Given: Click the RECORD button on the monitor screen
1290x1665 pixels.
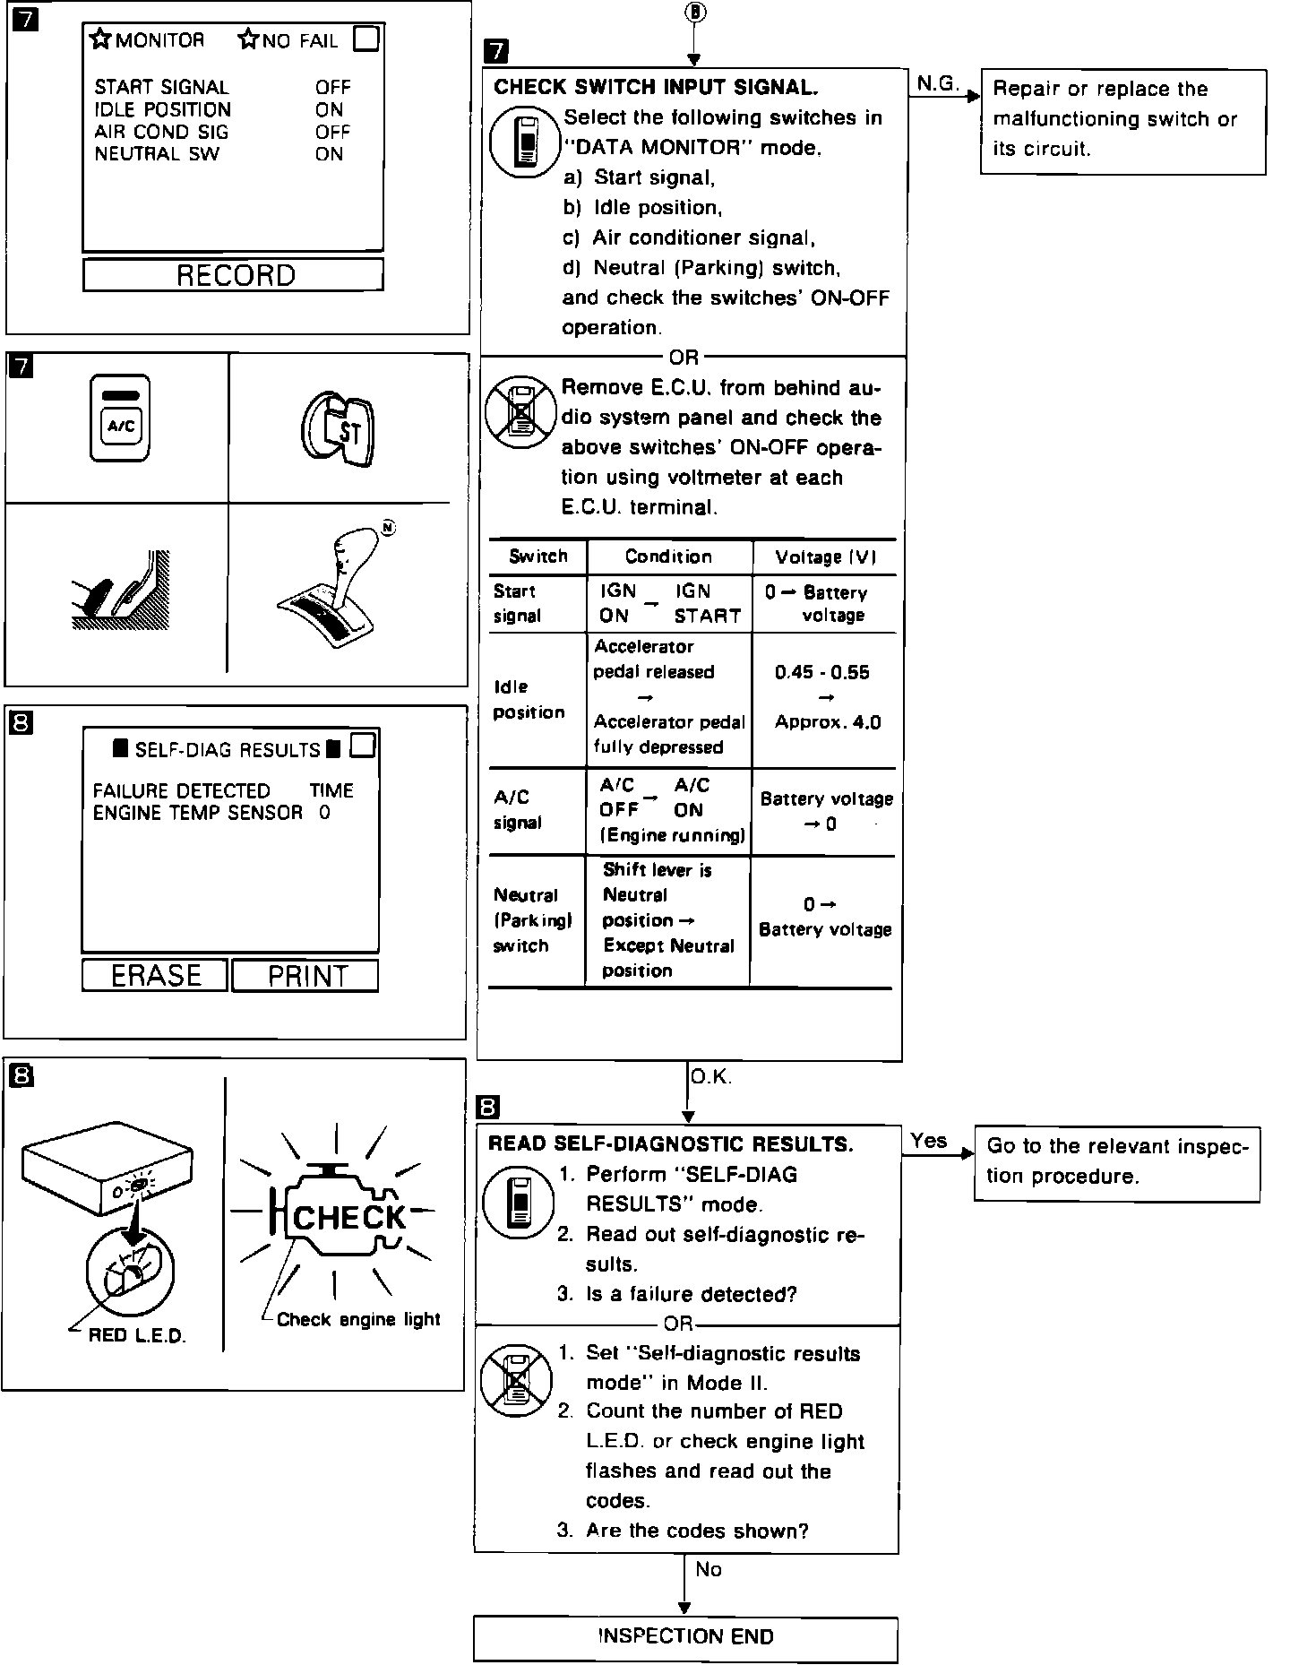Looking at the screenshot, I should point(234,275).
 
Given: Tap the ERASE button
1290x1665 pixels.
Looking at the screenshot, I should point(155,975).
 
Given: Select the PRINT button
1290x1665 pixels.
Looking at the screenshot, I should point(306,976).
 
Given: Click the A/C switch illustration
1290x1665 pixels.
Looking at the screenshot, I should point(119,419).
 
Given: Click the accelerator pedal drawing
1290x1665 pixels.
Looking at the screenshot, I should point(121,589).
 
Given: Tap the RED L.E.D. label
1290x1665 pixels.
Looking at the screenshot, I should point(136,1335).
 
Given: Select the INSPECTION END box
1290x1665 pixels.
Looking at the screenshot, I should point(685,1636).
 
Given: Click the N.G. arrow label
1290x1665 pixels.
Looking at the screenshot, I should point(937,83).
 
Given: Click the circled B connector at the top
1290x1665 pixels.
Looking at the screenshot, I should point(694,12).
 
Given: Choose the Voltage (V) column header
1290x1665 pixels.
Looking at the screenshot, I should point(825,556).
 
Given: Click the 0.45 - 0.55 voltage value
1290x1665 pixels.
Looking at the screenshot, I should point(821,672).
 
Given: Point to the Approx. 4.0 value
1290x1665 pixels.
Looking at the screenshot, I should point(827,722).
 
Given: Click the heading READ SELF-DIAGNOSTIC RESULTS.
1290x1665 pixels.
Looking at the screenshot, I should point(670,1144).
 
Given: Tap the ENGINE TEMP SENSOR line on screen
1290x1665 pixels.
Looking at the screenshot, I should point(198,813).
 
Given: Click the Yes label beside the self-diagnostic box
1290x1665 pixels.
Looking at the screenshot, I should point(928,1141).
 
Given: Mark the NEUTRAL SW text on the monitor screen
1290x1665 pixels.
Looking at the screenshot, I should point(157,154).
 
